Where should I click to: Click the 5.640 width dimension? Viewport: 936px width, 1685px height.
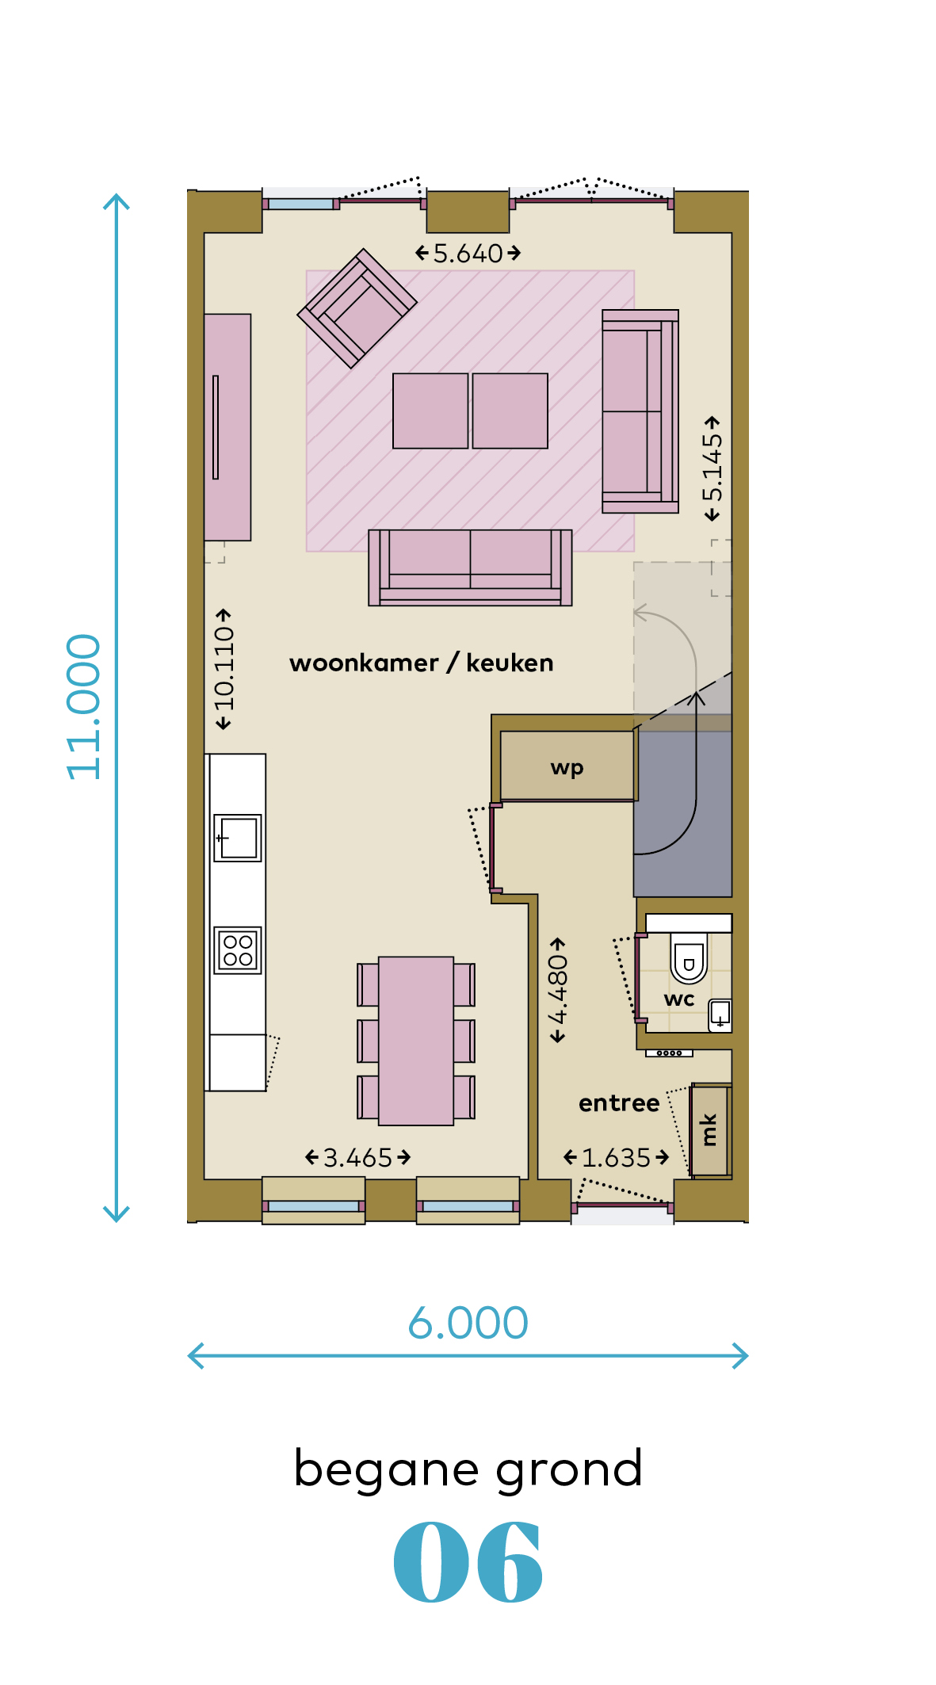coord(468,254)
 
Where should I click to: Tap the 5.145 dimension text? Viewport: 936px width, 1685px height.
coord(713,468)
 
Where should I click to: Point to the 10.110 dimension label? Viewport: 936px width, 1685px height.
coord(224,669)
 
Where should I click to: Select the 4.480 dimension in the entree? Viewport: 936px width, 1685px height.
coord(558,990)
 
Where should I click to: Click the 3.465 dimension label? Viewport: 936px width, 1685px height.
coord(358,1158)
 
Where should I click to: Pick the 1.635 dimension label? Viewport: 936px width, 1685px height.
coord(617,1158)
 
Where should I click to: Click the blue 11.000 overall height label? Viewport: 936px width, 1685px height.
coord(84,706)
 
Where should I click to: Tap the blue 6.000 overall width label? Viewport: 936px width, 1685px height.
coord(468,1323)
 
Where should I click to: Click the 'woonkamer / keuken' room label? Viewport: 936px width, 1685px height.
coord(422,663)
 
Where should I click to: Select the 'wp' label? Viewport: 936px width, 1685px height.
coord(567,767)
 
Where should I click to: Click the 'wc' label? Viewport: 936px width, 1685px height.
coord(679,999)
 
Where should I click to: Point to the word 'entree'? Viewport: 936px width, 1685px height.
coord(619,1103)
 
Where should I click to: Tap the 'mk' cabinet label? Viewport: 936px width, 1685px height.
coord(709,1129)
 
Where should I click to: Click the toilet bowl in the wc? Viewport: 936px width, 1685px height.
coord(689,957)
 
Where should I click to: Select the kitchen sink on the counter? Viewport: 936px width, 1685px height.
coord(238,838)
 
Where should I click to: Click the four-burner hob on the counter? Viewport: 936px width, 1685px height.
coord(238,950)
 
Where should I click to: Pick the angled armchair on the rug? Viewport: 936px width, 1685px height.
coord(357,308)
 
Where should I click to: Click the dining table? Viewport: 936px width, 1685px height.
coord(416,1041)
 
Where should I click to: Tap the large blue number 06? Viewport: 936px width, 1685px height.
coord(468,1562)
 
